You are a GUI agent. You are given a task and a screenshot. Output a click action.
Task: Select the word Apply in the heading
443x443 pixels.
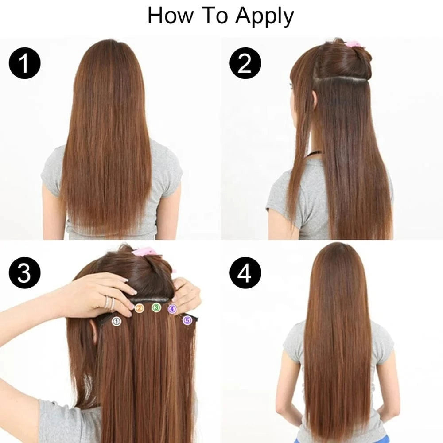click(264, 17)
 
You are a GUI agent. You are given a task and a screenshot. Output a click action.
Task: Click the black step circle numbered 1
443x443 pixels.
click(24, 63)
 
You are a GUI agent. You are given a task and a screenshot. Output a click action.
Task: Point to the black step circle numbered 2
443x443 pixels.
click(245, 63)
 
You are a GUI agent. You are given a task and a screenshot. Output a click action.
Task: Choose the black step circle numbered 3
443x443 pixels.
click(24, 272)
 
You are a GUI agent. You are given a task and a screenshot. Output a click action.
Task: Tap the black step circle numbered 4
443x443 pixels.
click(245, 272)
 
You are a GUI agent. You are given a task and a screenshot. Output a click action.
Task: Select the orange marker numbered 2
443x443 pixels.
click(139, 308)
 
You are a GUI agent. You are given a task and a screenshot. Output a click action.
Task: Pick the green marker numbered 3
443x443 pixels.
click(156, 307)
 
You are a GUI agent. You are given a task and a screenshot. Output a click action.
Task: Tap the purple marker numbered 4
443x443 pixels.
click(172, 309)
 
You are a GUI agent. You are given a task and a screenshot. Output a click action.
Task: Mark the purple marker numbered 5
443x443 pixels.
click(187, 320)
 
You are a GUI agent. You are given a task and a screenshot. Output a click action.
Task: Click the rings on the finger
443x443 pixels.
click(110, 303)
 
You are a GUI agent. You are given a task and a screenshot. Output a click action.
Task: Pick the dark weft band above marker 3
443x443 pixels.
click(152, 299)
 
